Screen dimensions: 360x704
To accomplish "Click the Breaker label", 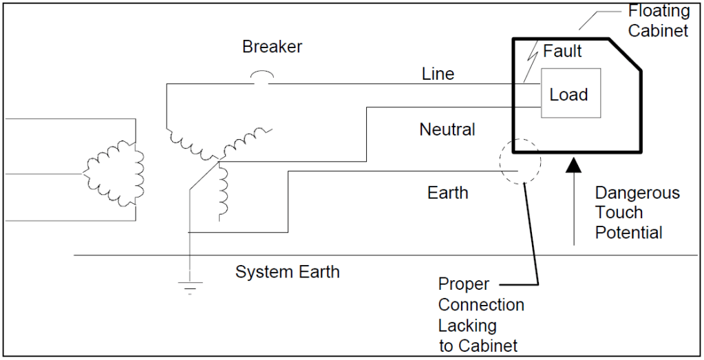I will pos(272,47).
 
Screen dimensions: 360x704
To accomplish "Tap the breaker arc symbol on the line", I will pos(262,76).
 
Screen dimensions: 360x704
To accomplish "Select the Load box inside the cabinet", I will pos(570,94).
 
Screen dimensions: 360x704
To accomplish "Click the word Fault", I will pos(562,51).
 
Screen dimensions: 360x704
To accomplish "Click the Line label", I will pos(438,74).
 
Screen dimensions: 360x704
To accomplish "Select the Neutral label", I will pos(447,129).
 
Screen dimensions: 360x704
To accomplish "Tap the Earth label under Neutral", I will pos(447,193).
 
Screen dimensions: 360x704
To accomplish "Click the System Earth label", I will pos(287,271).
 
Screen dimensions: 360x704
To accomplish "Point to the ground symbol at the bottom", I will pos(188,285).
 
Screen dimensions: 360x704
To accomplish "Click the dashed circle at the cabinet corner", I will pos(520,162).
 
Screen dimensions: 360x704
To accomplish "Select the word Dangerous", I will pos(637,193).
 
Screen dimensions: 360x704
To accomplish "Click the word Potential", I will pos(628,233).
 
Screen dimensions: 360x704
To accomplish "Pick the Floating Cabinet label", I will pos(659,21).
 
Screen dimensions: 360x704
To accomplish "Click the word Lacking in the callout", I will pos(467,325).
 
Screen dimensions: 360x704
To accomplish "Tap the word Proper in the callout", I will pos(464,284).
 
